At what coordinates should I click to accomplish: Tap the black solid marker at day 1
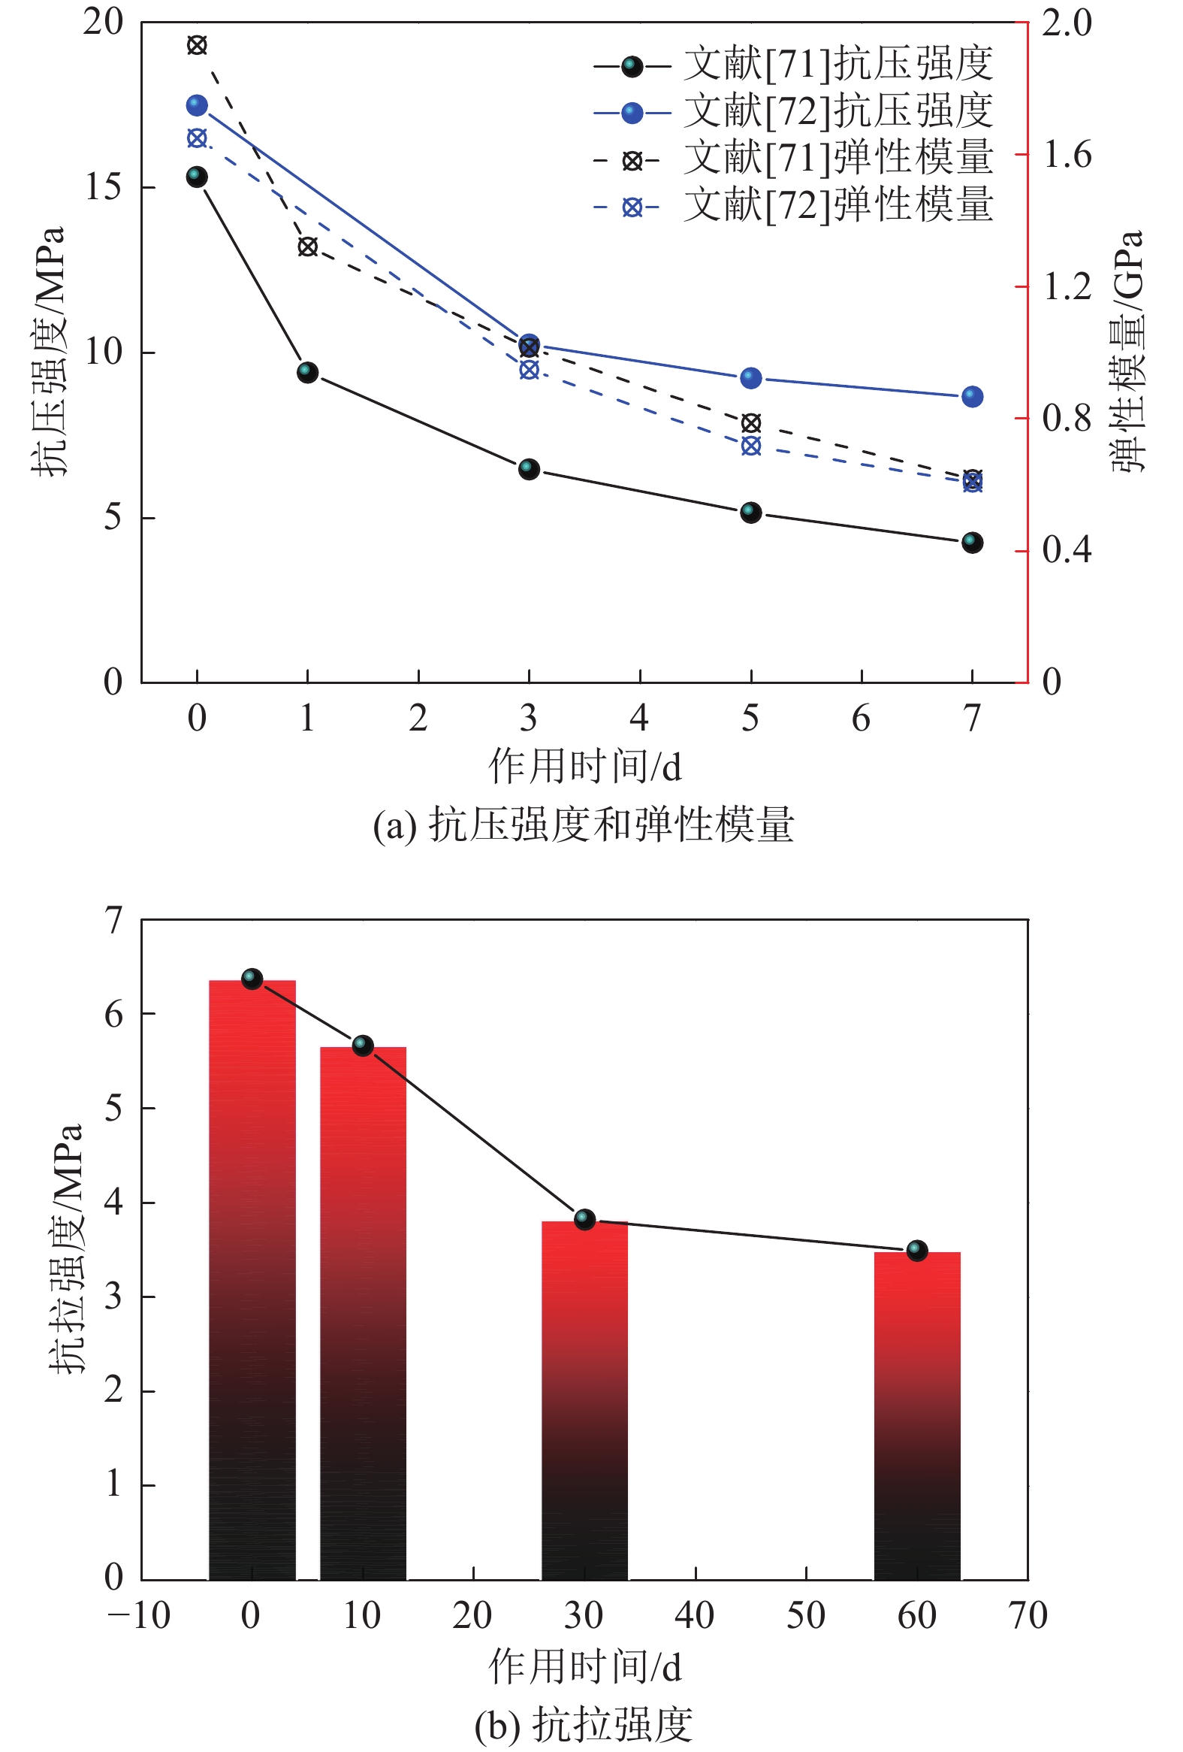(x=307, y=371)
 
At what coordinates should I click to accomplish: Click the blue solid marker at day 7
(x=972, y=397)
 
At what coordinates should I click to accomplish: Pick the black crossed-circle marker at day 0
(x=197, y=45)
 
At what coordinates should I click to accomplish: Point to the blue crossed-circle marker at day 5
(x=750, y=446)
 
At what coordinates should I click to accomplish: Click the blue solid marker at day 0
(x=197, y=104)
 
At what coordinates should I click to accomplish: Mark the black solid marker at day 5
(x=750, y=513)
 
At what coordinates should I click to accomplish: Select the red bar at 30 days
(x=584, y=1403)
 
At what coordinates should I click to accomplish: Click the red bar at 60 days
(x=917, y=1418)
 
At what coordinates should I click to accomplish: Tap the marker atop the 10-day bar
(x=364, y=1045)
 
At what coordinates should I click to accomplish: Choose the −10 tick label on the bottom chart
(x=140, y=1614)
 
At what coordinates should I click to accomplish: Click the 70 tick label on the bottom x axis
(x=1028, y=1614)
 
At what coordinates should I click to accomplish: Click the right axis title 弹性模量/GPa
(x=1128, y=351)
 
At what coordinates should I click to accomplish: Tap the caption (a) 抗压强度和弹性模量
(x=584, y=824)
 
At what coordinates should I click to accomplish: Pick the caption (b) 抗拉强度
(x=584, y=1723)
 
